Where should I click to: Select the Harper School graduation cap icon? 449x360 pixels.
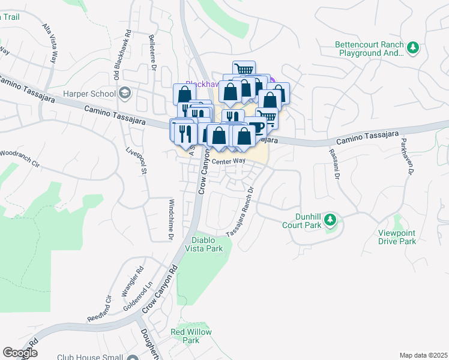tap(125, 93)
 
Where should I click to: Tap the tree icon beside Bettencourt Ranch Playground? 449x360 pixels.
tap(412, 48)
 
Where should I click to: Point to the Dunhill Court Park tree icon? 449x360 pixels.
tap(330, 221)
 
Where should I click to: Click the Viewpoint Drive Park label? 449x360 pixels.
tap(397, 237)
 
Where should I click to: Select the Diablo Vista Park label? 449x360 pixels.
tap(203, 244)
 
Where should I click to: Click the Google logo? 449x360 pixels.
tap(20, 352)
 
